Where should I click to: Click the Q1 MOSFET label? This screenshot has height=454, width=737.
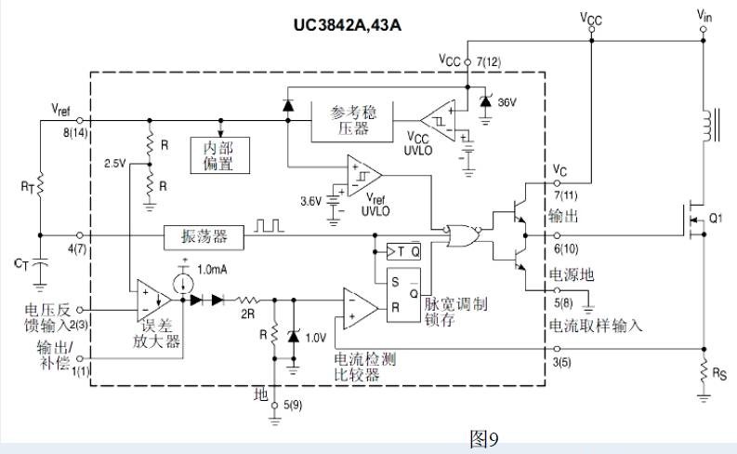pos(716,220)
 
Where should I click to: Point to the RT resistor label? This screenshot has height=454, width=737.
pos(27,187)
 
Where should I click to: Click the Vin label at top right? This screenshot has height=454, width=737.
pos(703,15)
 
